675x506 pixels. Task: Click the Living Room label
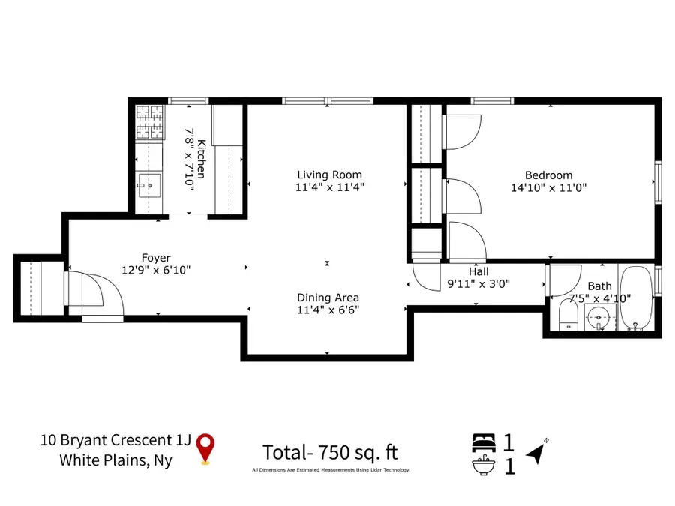(329, 175)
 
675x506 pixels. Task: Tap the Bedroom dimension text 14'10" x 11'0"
(548, 187)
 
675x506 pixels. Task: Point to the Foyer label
(156, 258)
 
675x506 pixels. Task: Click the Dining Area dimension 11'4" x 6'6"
(328, 310)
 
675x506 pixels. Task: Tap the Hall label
(478, 271)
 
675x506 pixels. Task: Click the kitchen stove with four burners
(150, 122)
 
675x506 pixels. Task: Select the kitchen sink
(149, 185)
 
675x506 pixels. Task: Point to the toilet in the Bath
(568, 316)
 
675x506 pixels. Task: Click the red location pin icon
(205, 449)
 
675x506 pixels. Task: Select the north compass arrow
(537, 451)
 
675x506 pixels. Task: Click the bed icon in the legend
(484, 442)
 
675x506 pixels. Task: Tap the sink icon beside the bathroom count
(484, 465)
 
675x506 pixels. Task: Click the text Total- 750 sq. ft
(330, 452)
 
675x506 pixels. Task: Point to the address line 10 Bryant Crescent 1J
(115, 440)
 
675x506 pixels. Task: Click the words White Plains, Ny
(115, 460)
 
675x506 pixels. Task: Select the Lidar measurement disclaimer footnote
(331, 470)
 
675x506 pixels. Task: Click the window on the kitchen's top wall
(188, 101)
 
